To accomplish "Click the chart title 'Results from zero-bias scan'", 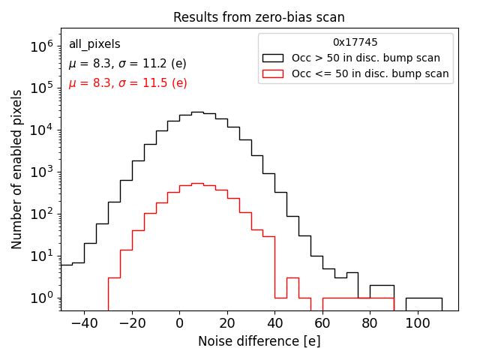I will (x=259, y=17).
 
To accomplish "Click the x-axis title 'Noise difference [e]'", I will (x=259, y=341).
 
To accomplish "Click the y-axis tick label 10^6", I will (x=41, y=46).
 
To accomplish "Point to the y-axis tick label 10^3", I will (x=41, y=172).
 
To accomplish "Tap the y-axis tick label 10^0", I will (x=41, y=298).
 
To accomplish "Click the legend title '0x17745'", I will (x=355, y=43).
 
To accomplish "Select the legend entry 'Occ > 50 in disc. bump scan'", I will (x=366, y=58).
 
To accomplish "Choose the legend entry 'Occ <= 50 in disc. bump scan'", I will (x=370, y=73).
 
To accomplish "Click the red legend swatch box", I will (x=273, y=73).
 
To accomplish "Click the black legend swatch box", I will (x=273, y=58).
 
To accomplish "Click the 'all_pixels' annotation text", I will (x=94, y=44).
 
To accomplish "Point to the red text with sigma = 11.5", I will (x=127, y=83).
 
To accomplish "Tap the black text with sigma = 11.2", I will (x=127, y=64).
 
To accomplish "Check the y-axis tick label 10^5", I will (x=41, y=88).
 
